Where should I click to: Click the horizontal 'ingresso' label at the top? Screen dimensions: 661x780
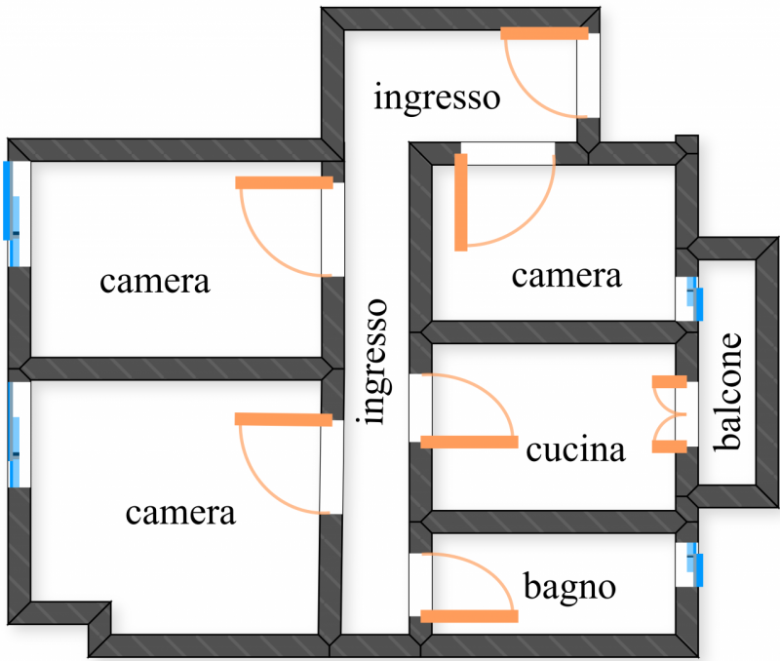437,97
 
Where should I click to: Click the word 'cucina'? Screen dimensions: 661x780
575,451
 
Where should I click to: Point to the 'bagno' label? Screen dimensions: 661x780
570,588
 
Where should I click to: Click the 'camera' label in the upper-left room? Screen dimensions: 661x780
155,282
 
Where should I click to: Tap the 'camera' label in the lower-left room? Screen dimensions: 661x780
180,513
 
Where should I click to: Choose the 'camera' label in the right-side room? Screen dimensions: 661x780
566,276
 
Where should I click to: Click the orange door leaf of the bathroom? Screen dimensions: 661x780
469,616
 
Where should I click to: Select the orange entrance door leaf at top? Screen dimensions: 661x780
545,33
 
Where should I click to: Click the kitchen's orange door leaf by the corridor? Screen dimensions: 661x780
469,442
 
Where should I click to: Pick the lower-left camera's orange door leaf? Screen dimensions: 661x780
284,419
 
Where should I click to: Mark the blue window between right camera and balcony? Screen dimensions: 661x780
695,298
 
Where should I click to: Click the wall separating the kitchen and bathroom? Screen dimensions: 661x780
551,522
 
